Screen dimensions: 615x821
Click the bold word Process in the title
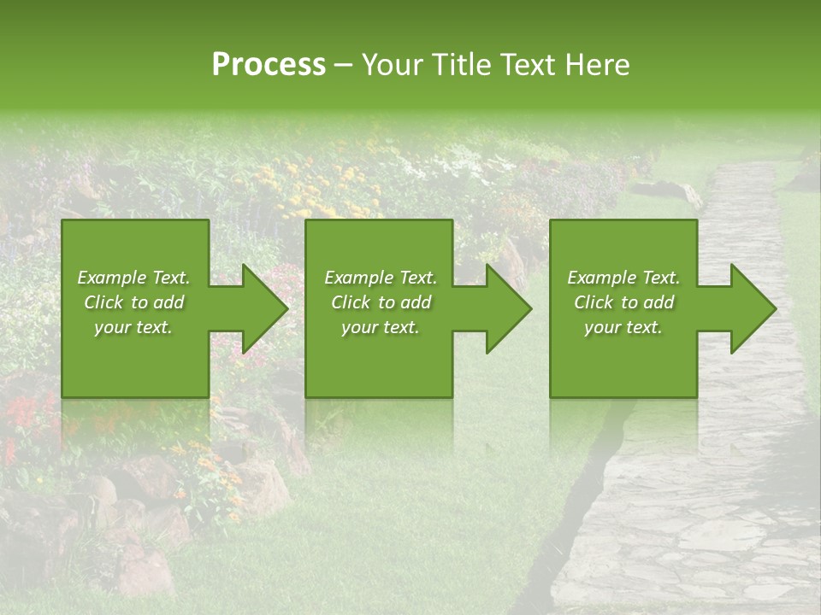coord(269,65)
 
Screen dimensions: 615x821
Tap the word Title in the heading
coord(459,65)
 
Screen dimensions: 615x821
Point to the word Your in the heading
coord(393,65)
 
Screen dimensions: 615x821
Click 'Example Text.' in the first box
coord(133,278)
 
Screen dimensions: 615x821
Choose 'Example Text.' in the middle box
coord(381,278)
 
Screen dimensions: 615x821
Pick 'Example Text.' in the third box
coord(623,278)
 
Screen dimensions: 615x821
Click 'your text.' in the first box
coord(133,327)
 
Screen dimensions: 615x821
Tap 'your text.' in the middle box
coord(381,327)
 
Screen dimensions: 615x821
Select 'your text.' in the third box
coord(623,327)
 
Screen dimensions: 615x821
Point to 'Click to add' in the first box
coord(133,302)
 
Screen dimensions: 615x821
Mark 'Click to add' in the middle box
coord(381,302)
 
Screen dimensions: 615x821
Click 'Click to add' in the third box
coord(623,302)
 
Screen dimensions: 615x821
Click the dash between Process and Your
coord(344,66)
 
